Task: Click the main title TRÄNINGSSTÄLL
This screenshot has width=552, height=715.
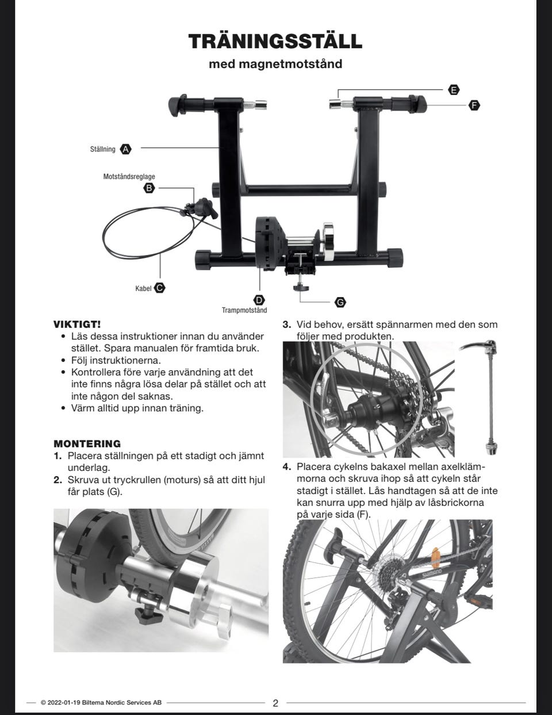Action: (275, 40)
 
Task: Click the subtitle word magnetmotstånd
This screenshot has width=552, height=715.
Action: (290, 63)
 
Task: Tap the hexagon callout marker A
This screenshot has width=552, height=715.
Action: (125, 149)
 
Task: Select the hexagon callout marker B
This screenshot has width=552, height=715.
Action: (149, 188)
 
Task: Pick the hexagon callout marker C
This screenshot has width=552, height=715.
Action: (159, 288)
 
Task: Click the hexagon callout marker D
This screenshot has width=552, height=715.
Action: (259, 300)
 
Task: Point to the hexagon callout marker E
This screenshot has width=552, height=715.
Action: (454, 90)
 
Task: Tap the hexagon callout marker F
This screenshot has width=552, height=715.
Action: (474, 105)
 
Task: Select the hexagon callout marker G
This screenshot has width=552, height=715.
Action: (340, 302)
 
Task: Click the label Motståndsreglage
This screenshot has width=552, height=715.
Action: (129, 176)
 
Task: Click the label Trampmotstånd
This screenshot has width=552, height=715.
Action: (244, 310)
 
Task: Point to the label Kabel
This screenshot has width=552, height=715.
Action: (143, 288)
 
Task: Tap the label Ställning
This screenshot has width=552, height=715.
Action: (103, 149)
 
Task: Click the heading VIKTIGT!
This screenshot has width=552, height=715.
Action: (77, 325)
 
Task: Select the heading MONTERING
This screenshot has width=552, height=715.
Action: (87, 443)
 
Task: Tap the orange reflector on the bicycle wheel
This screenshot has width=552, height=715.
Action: (436, 558)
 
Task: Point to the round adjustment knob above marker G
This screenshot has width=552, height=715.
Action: (301, 288)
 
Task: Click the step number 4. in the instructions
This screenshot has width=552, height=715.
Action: (287, 467)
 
